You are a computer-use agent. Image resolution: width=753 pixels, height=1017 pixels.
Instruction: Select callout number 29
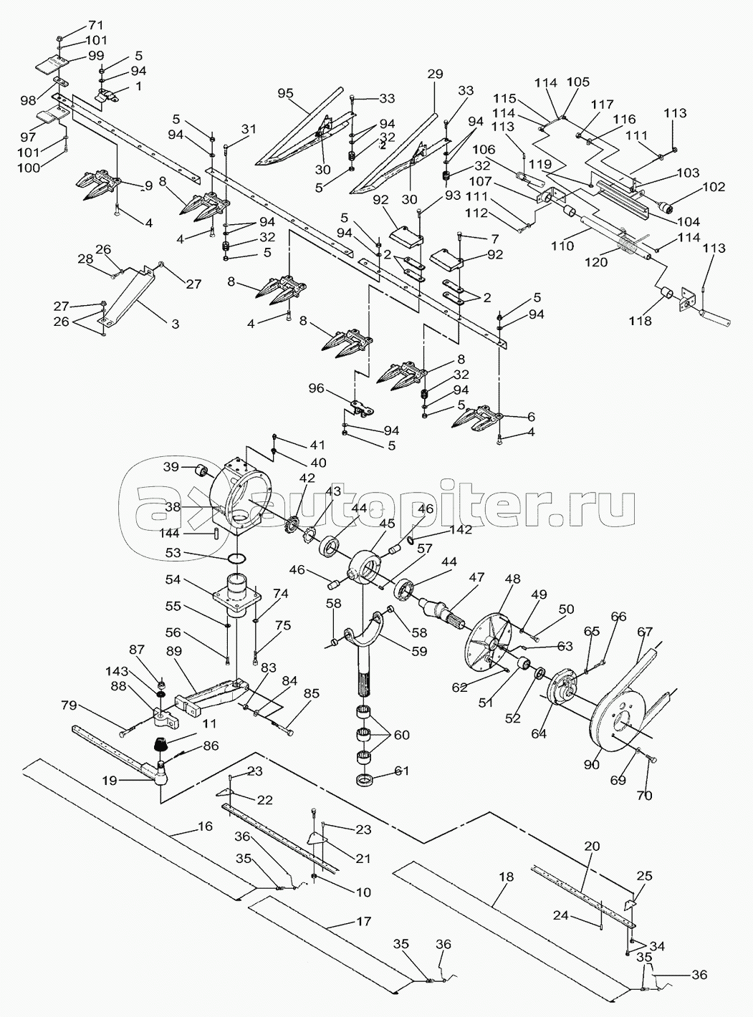click(435, 74)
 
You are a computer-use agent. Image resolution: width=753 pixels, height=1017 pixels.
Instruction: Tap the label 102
click(715, 188)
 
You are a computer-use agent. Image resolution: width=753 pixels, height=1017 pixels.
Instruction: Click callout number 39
click(171, 466)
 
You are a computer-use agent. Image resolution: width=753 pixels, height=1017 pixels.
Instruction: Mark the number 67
click(645, 631)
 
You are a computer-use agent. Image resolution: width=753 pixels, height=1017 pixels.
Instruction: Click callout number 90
click(592, 765)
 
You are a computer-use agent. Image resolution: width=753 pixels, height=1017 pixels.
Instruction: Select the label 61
click(403, 771)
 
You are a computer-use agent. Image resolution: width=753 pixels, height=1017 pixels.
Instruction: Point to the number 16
click(204, 826)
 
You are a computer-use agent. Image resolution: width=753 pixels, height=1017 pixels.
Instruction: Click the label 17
click(363, 921)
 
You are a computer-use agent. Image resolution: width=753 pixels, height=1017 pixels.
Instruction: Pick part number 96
click(315, 389)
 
